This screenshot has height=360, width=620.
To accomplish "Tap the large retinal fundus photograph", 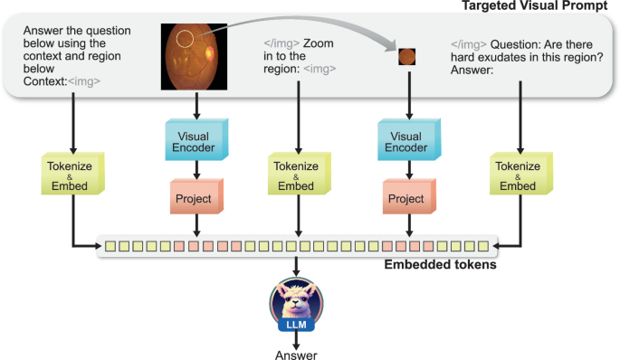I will point(191,56).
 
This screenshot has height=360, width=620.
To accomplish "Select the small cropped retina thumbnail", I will point(408,57).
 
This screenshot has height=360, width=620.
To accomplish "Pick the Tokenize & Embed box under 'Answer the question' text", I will point(71,175).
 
